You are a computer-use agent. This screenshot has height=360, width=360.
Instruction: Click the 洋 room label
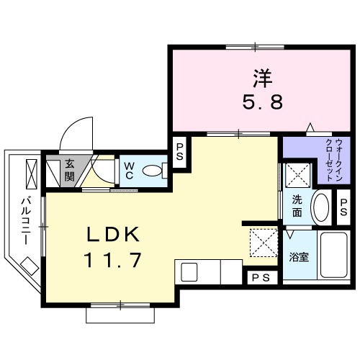click(261, 74)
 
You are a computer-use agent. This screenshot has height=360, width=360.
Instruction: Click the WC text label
click(129, 171)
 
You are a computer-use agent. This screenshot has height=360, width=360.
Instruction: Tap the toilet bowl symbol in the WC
click(154, 171)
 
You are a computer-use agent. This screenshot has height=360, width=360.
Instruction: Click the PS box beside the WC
click(180, 153)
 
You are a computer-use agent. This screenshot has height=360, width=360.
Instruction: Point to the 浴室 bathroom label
click(298, 256)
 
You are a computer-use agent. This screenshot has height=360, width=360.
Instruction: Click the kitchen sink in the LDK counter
click(189, 273)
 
